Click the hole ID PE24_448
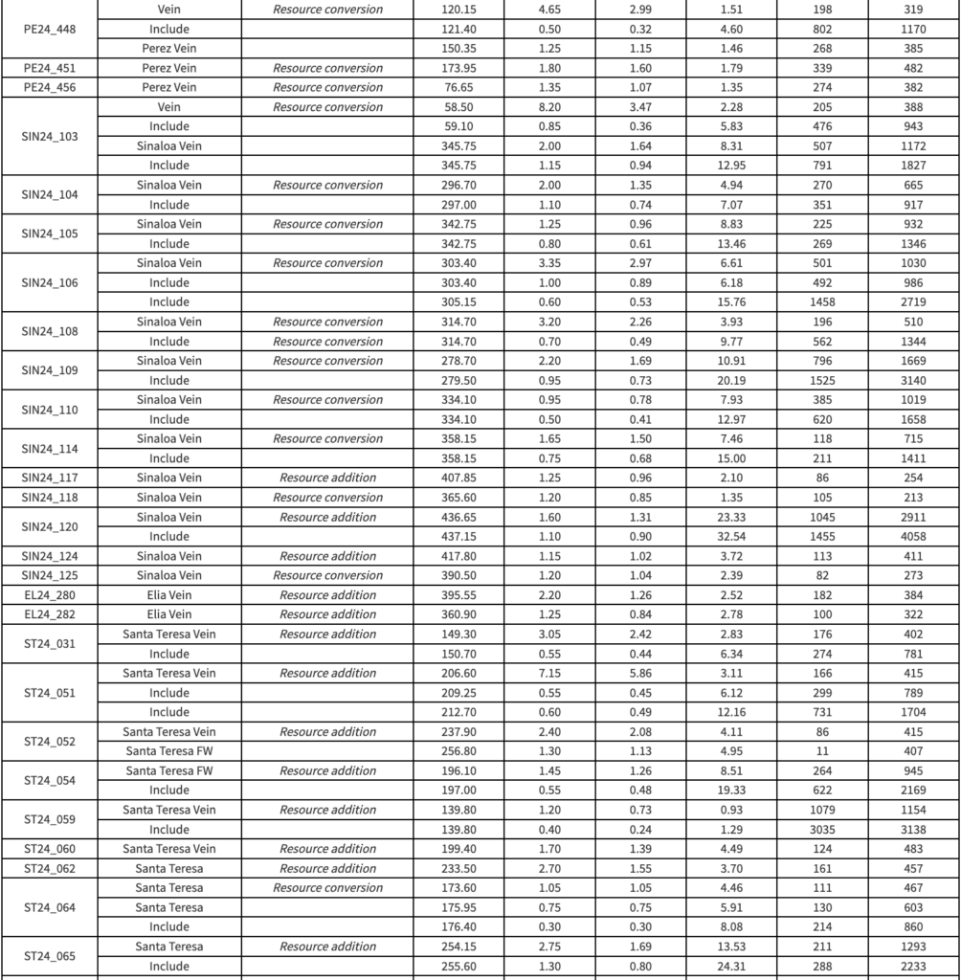tap(49, 29)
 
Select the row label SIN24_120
tap(49, 526)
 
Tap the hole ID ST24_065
tap(49, 956)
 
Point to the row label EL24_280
tap(49, 595)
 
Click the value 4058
tap(913, 537)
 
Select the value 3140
tap(913, 381)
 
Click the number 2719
tap(913, 302)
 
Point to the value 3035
tap(822, 830)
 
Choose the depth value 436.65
tap(458, 517)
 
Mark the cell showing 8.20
tap(549, 107)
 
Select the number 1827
tap(913, 166)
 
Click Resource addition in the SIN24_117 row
tap(327, 478)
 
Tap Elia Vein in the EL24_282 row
tap(168, 614)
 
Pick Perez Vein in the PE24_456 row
tap(168, 88)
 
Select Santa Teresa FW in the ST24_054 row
tap(168, 771)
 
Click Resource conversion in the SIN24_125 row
tap(327, 575)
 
